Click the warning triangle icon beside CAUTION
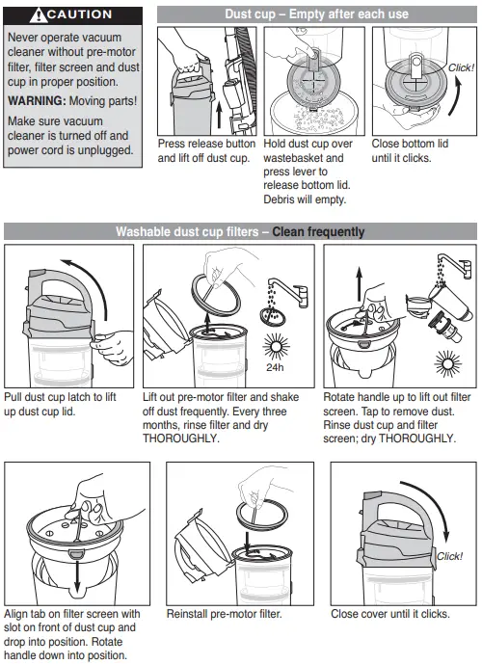click(x=39, y=15)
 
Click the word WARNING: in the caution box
click(x=37, y=101)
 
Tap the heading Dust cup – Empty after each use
click(x=316, y=14)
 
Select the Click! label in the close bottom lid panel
click(x=461, y=67)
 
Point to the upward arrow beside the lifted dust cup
click(x=219, y=115)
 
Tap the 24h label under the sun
click(x=275, y=367)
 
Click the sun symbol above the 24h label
click(x=276, y=346)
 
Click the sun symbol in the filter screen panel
click(x=447, y=363)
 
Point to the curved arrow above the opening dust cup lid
click(x=88, y=279)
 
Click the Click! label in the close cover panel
click(x=449, y=556)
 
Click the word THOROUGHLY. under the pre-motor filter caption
click(x=180, y=438)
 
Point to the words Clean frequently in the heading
click(x=318, y=231)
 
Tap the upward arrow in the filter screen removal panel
click(x=360, y=284)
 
